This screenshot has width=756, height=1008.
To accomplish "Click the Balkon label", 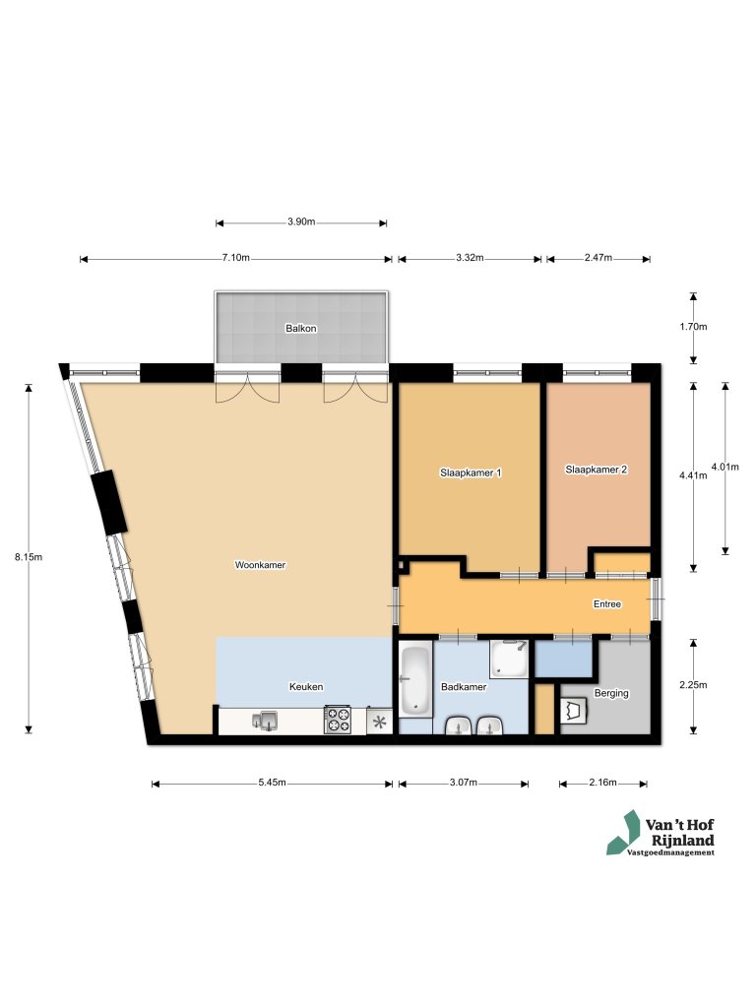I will click(301, 328).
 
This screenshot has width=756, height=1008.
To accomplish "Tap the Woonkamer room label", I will click(260, 565).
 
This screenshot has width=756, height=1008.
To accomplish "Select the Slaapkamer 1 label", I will click(470, 472).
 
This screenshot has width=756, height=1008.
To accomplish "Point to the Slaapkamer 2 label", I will click(596, 470).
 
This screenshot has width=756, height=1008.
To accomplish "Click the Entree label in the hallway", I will click(606, 603).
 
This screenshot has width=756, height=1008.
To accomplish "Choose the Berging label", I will click(611, 693).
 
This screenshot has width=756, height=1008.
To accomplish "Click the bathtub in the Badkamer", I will click(414, 679).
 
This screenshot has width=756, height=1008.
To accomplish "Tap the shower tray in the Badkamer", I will click(510, 659).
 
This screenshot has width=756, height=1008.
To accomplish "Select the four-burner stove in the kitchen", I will click(338, 721).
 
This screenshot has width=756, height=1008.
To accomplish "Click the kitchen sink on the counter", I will click(264, 722).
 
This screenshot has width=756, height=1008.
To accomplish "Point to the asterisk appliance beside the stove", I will click(379, 722).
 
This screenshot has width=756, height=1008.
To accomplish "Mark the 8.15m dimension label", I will click(29, 556).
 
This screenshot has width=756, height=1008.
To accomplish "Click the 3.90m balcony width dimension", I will click(300, 222).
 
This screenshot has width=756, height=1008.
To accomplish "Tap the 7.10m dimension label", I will click(235, 258).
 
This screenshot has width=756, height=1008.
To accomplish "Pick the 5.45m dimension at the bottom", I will click(272, 783).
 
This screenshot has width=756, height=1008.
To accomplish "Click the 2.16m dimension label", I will click(602, 783).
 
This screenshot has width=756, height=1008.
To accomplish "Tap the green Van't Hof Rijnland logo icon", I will click(622, 832).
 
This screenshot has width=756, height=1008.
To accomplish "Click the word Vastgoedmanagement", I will click(671, 852).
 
